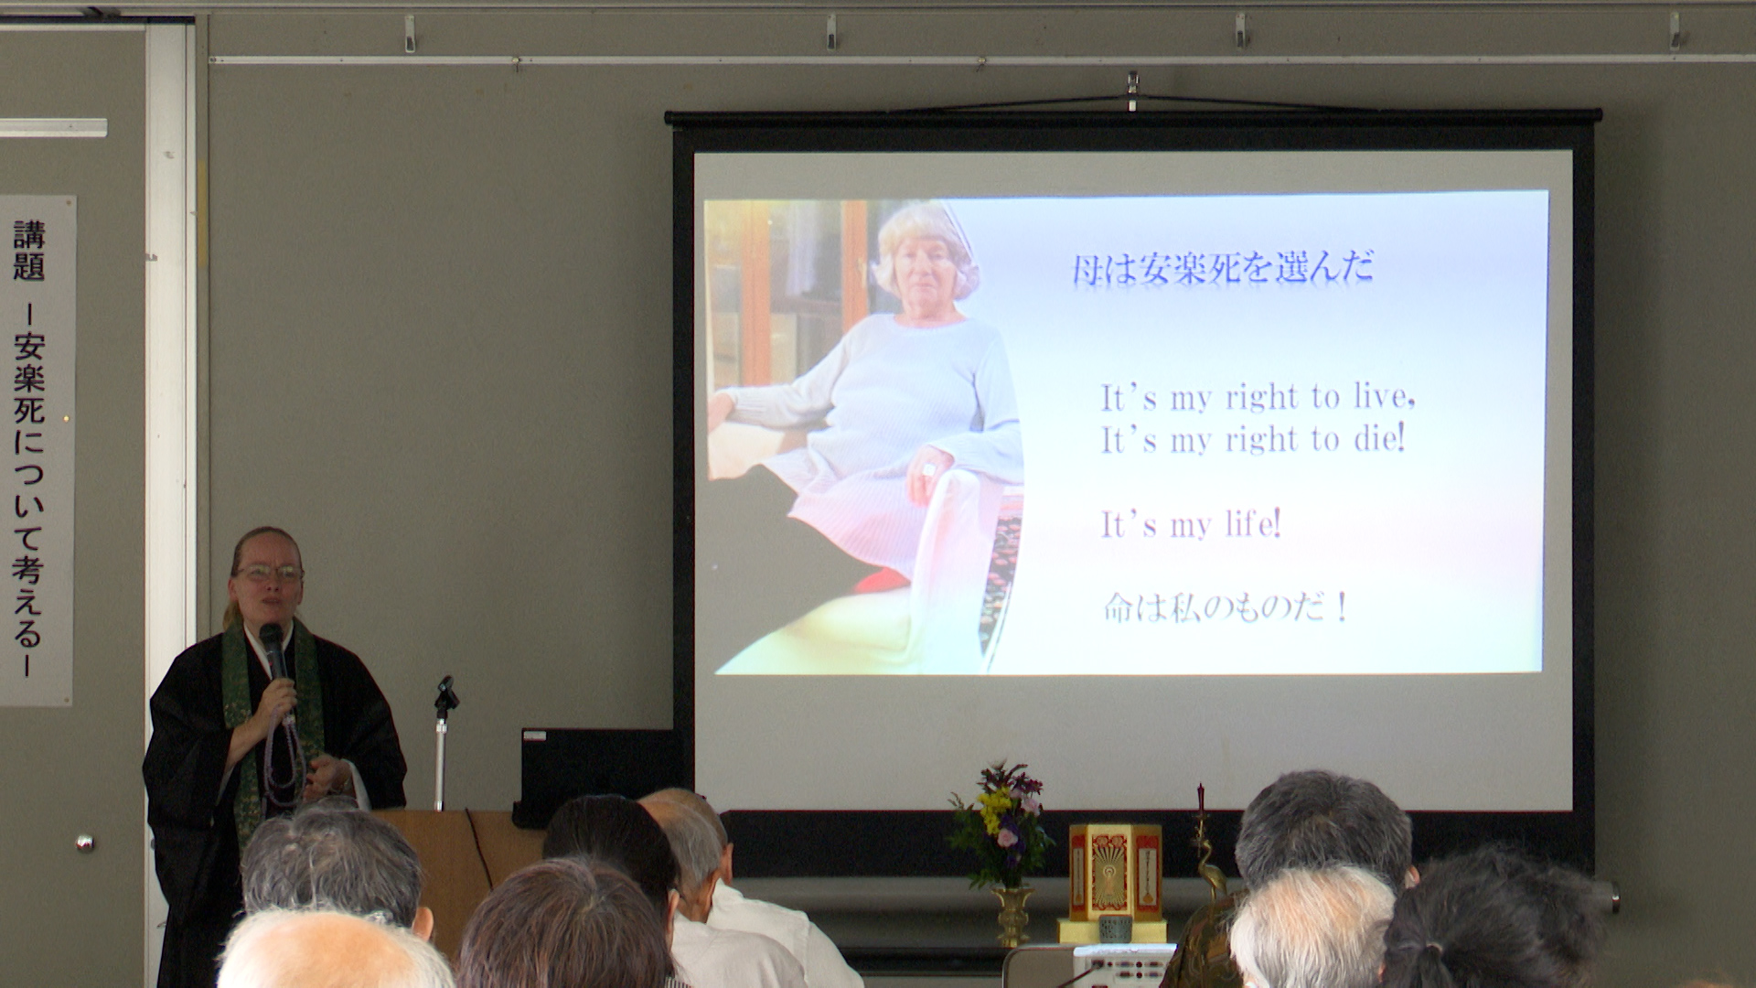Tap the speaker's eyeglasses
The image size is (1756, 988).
coord(270,574)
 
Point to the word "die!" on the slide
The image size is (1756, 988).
coord(1379,438)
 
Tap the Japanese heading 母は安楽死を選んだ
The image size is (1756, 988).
coord(1223,268)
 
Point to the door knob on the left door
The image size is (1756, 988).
coord(84,843)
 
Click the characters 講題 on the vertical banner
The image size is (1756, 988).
coord(29,250)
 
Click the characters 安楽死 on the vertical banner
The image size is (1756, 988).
coord(29,377)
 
